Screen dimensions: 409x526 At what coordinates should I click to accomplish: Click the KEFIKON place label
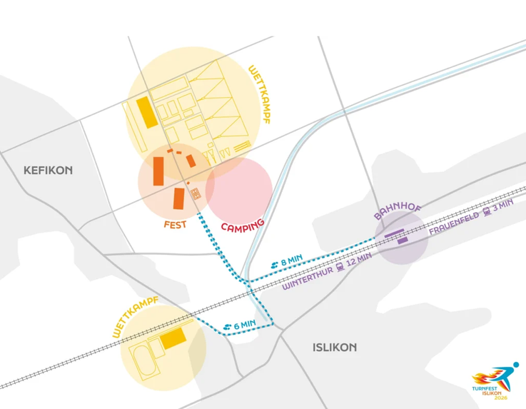click(x=48, y=171)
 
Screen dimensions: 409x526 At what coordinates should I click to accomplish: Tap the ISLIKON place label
click(x=335, y=348)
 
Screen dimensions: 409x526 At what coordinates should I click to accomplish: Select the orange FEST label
click(x=175, y=224)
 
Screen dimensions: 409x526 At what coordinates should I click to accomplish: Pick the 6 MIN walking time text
click(x=244, y=325)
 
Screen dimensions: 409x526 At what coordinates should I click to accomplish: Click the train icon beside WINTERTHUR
click(x=340, y=266)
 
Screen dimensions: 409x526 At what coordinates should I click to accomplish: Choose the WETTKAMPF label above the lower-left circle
click(x=134, y=316)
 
